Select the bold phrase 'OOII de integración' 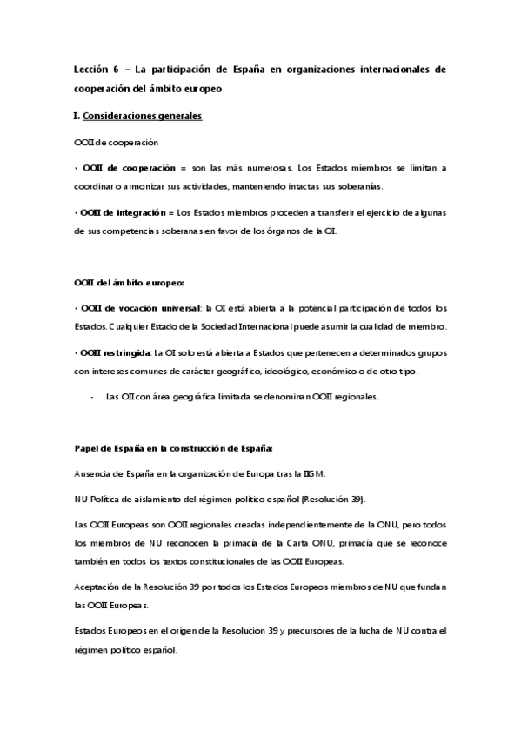click(x=125, y=212)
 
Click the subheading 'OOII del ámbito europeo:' click(x=129, y=281)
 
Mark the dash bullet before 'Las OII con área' click(x=92, y=397)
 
